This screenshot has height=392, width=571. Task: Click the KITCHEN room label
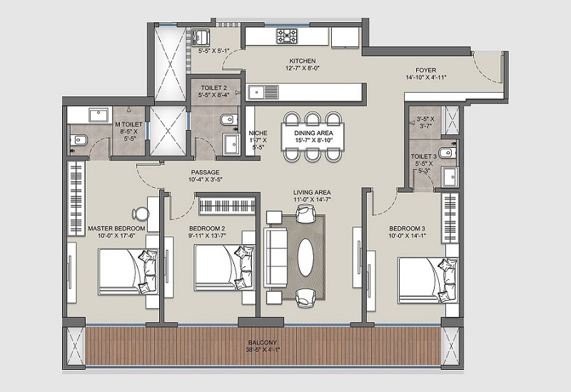coord(302,61)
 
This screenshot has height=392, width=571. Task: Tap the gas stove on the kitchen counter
coord(287,36)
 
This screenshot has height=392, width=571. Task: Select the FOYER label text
coord(425,70)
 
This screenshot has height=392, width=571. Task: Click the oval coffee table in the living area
coord(306,258)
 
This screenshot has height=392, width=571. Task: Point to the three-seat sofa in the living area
coord(276,257)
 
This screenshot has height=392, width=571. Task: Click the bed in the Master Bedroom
coord(128,271)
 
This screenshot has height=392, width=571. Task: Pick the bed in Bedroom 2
coord(224,268)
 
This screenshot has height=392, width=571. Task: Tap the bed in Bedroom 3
coord(428,280)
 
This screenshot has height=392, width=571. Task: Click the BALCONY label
coord(263,343)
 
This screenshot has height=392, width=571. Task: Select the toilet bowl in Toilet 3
coord(447,152)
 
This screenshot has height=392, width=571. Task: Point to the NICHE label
coord(258,133)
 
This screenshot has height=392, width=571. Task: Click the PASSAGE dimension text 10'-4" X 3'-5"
coord(206,179)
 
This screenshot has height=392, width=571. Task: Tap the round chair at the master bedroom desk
coord(140,214)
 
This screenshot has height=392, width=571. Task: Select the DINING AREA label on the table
coord(313,133)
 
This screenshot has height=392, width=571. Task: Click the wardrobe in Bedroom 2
coord(227,206)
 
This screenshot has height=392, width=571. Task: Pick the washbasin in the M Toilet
coord(99,116)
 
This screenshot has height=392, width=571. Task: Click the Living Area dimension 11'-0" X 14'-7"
coord(312,199)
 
